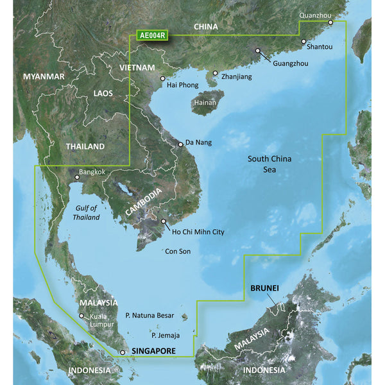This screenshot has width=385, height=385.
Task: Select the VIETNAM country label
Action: [x=137, y=67]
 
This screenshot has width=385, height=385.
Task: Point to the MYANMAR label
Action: [x=44, y=76]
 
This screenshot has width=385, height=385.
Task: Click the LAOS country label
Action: [x=103, y=94]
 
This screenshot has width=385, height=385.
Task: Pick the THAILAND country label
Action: [x=85, y=146]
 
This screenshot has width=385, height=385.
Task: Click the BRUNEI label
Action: [x=264, y=289]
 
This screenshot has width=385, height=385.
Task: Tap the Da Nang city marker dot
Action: [x=181, y=145]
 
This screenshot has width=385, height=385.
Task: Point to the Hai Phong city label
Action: [x=180, y=85]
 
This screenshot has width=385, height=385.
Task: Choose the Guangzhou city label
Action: [x=290, y=64]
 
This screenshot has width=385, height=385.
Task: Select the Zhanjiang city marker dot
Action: [x=216, y=73]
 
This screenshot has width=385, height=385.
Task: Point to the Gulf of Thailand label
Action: [x=86, y=212]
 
